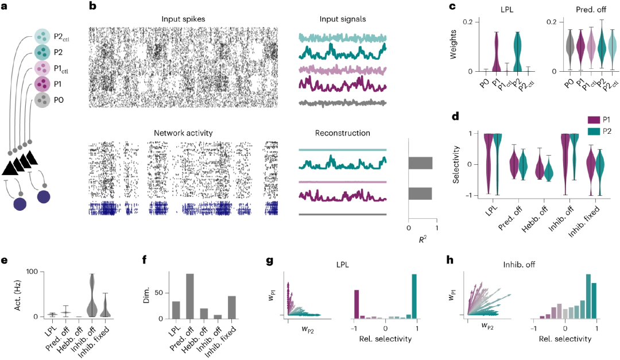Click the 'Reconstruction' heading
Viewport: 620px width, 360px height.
tap(342, 133)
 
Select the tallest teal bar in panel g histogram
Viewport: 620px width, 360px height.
tap(414, 296)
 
